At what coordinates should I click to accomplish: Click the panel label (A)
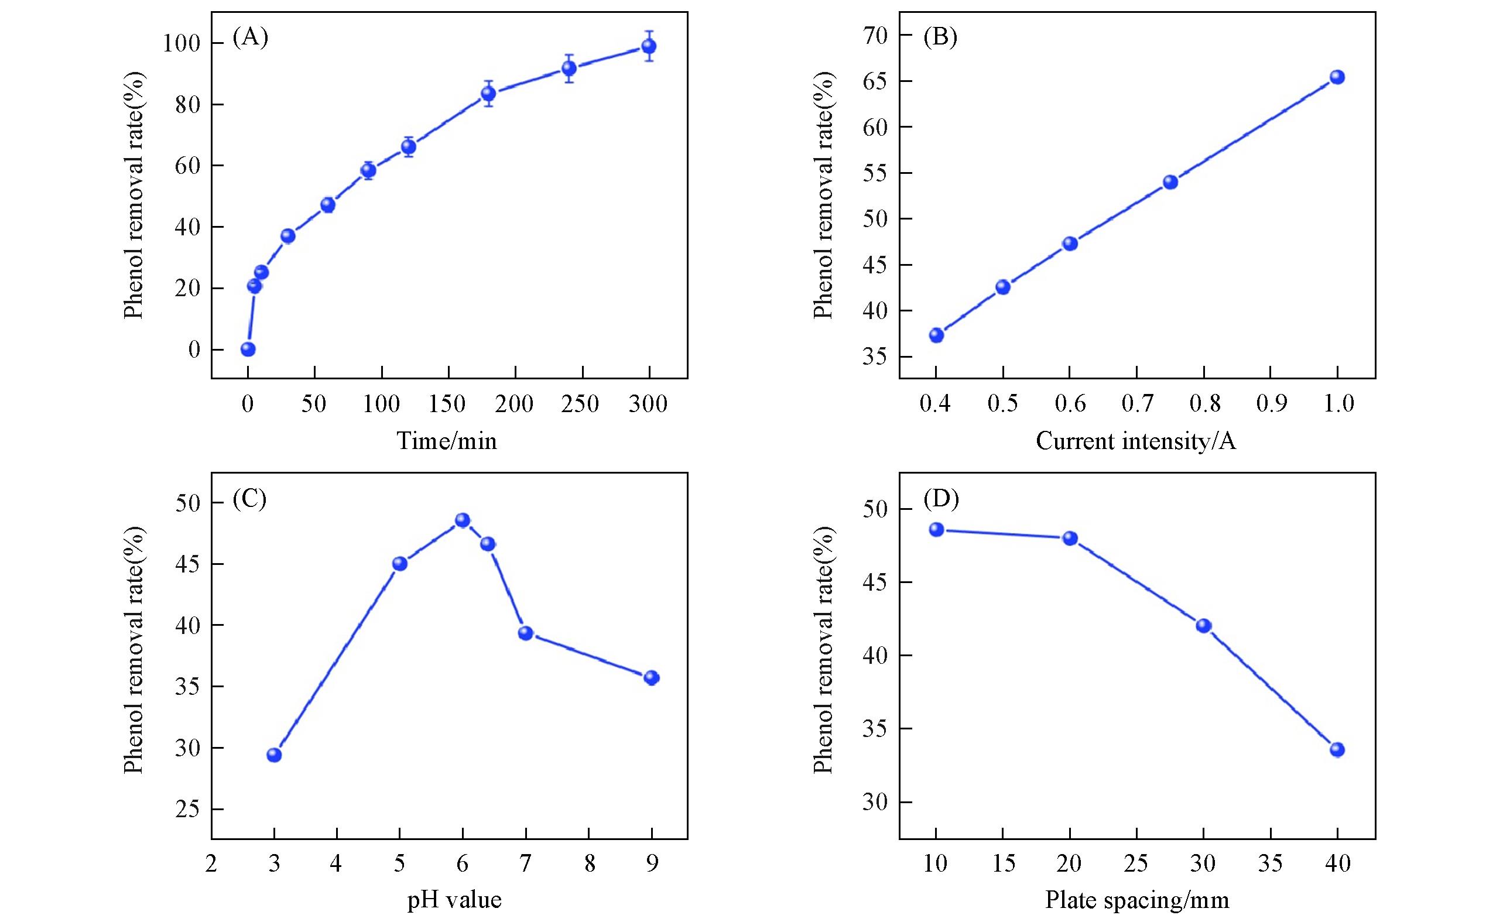251,38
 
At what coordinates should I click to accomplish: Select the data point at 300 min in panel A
648,46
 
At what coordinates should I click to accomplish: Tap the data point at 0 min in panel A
248,349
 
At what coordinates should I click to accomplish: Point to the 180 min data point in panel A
488,93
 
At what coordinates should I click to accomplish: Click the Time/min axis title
447,441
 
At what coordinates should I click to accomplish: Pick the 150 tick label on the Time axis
448,405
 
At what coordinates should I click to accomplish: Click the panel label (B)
940,38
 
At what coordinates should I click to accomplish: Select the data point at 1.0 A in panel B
1337,77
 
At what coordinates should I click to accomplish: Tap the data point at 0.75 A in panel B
1170,181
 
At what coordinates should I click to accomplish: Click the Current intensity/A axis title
1136,441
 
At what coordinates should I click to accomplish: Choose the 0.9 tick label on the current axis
1271,405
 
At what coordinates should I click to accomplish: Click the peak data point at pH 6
463,520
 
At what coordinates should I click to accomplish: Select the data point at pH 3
275,755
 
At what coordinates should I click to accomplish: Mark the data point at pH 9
652,677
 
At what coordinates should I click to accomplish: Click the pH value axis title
454,899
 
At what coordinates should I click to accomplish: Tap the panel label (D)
940,499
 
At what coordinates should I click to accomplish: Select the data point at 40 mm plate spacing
1337,749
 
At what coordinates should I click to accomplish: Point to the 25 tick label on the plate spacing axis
1136,864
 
